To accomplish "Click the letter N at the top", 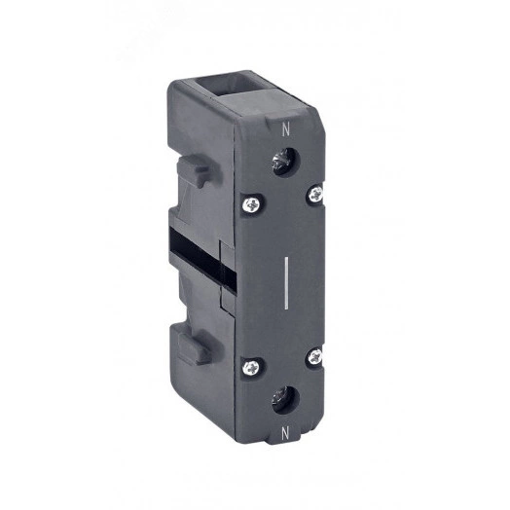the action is [285, 129].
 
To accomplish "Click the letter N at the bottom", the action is [285, 433].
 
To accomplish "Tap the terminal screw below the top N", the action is [284, 162].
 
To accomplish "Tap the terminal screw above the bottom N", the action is [284, 400].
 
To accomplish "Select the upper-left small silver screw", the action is [252, 205].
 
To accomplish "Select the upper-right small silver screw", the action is [315, 195].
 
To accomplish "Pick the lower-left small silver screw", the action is [251, 367].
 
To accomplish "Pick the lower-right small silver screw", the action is [315, 356].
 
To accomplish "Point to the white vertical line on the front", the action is [286, 282].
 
